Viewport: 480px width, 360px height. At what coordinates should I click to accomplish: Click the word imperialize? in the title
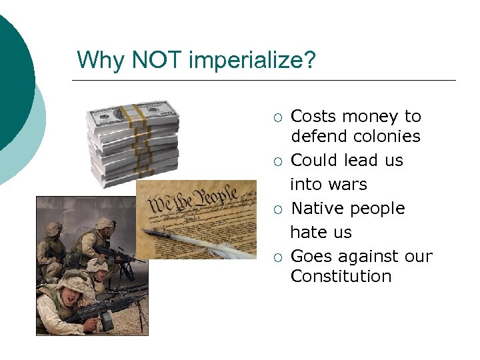252,61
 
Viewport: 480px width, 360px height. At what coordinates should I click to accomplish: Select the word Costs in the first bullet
313,117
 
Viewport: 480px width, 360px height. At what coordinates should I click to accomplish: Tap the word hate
307,233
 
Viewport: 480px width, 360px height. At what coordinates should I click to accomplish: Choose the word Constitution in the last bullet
341,276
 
